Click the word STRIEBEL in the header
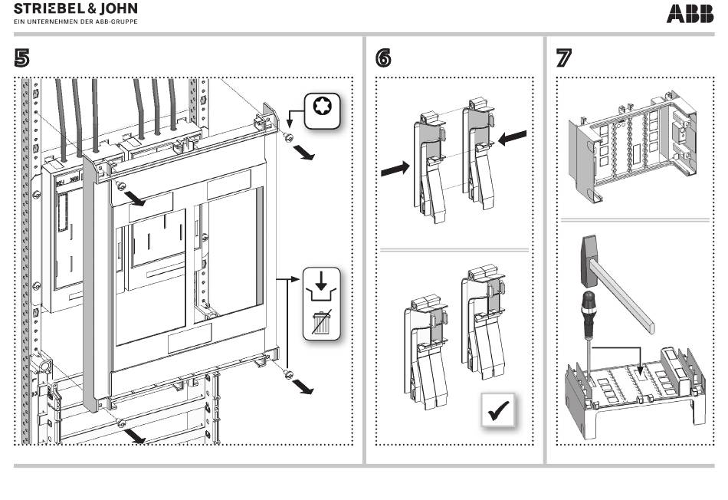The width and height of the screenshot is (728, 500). coord(48,9)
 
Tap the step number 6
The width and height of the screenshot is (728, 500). coord(384,58)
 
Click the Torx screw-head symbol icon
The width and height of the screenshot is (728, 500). coord(322,111)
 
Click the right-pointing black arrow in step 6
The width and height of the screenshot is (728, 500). coord(397,168)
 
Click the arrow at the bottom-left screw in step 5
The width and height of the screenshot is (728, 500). coord(136,436)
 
